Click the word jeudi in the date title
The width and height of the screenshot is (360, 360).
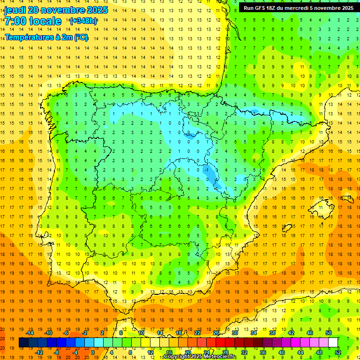tap(15, 10)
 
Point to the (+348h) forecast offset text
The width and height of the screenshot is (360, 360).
tap(83, 21)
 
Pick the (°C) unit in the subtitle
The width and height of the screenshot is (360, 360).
tap(80, 37)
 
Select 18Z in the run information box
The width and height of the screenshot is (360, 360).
tap(274, 8)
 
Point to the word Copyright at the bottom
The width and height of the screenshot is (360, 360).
tap(177, 357)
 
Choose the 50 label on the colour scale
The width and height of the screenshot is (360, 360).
tap(328, 333)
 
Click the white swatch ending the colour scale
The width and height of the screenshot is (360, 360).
tap(333, 343)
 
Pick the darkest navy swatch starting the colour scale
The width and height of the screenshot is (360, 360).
tap(23, 343)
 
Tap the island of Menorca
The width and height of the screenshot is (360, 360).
tap(347, 198)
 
